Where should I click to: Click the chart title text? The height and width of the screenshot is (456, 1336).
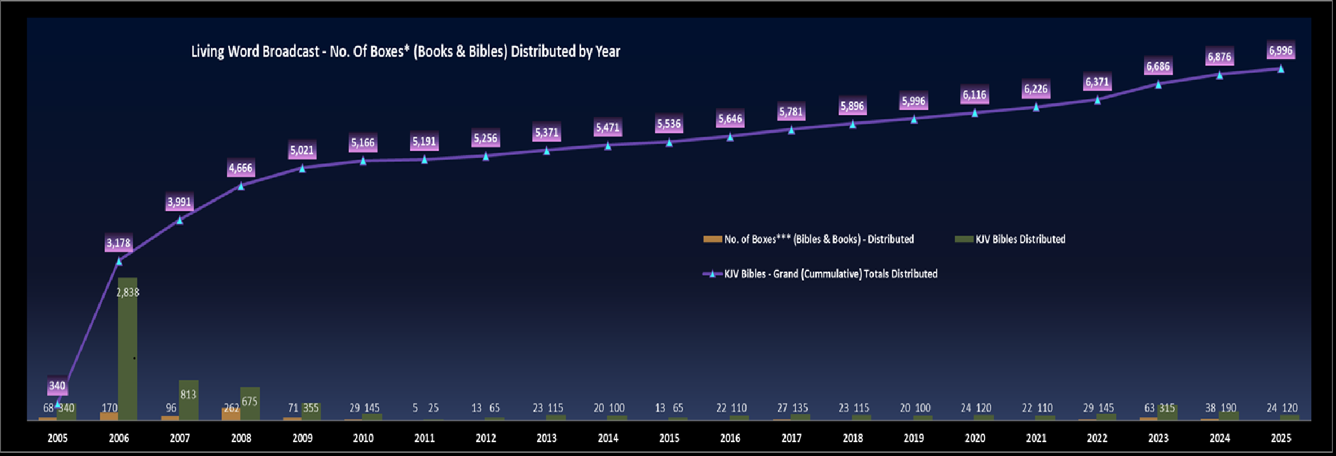click(406, 51)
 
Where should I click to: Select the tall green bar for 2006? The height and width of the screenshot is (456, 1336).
click(127, 349)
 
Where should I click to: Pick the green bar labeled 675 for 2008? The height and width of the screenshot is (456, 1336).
click(250, 404)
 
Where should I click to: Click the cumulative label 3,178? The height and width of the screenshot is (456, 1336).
click(118, 243)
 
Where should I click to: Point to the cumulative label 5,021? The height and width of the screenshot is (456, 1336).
click(302, 151)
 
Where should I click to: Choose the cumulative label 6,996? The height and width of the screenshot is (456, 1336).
click(1280, 51)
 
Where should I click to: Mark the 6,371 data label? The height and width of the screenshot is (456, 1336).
click(1097, 82)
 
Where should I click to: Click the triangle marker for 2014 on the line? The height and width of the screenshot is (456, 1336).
click(608, 145)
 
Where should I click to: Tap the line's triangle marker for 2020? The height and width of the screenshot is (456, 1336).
click(974, 112)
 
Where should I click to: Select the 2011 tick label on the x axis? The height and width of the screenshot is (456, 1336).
click(424, 438)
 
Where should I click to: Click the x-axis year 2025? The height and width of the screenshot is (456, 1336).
click(1280, 438)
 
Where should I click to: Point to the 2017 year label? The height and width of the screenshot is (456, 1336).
click(791, 438)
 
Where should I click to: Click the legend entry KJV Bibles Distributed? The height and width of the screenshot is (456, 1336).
click(1019, 239)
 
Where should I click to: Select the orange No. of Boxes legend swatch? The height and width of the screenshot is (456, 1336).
click(712, 239)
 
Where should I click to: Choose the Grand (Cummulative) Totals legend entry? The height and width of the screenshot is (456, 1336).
click(830, 274)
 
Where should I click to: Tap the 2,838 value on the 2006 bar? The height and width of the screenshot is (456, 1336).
click(128, 293)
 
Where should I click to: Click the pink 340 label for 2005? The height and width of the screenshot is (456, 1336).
click(57, 386)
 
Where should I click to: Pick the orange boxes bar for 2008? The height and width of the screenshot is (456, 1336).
click(231, 413)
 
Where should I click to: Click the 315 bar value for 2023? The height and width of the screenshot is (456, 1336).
click(1167, 408)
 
